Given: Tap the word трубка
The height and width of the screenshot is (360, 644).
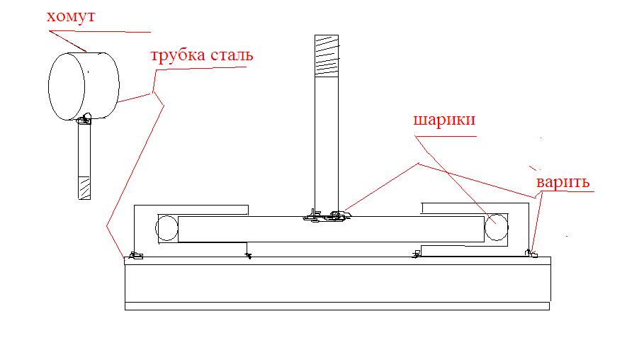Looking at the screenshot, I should pos(175,55).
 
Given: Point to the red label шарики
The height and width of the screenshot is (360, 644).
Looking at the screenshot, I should pos(445,120).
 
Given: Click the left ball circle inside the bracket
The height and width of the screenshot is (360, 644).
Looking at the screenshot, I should pos(166,229).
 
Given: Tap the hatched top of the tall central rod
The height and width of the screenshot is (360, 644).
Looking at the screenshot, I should pos(326,55).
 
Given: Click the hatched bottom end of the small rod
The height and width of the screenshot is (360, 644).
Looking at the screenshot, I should pos(84,187).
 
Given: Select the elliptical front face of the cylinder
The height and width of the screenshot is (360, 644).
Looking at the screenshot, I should pos(66,88).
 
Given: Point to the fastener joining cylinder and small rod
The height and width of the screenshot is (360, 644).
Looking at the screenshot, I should pos(86,118).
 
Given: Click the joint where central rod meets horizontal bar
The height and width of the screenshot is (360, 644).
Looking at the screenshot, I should pos(325,214).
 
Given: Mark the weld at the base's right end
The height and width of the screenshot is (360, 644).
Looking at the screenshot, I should pos(531,252).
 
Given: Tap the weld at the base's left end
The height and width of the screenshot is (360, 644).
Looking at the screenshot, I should pos(135,255).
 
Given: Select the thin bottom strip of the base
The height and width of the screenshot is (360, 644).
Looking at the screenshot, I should pos(337,306).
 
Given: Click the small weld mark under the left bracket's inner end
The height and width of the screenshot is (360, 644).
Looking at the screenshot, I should pos(247,254).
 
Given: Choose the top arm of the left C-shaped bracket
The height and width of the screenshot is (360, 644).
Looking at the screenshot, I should pos(191,209).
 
